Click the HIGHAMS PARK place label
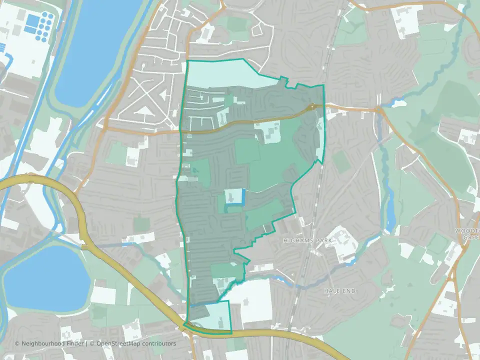(304, 240)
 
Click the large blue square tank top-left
(32, 20)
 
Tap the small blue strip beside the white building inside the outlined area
(243, 197)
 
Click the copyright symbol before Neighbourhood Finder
(17, 343)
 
